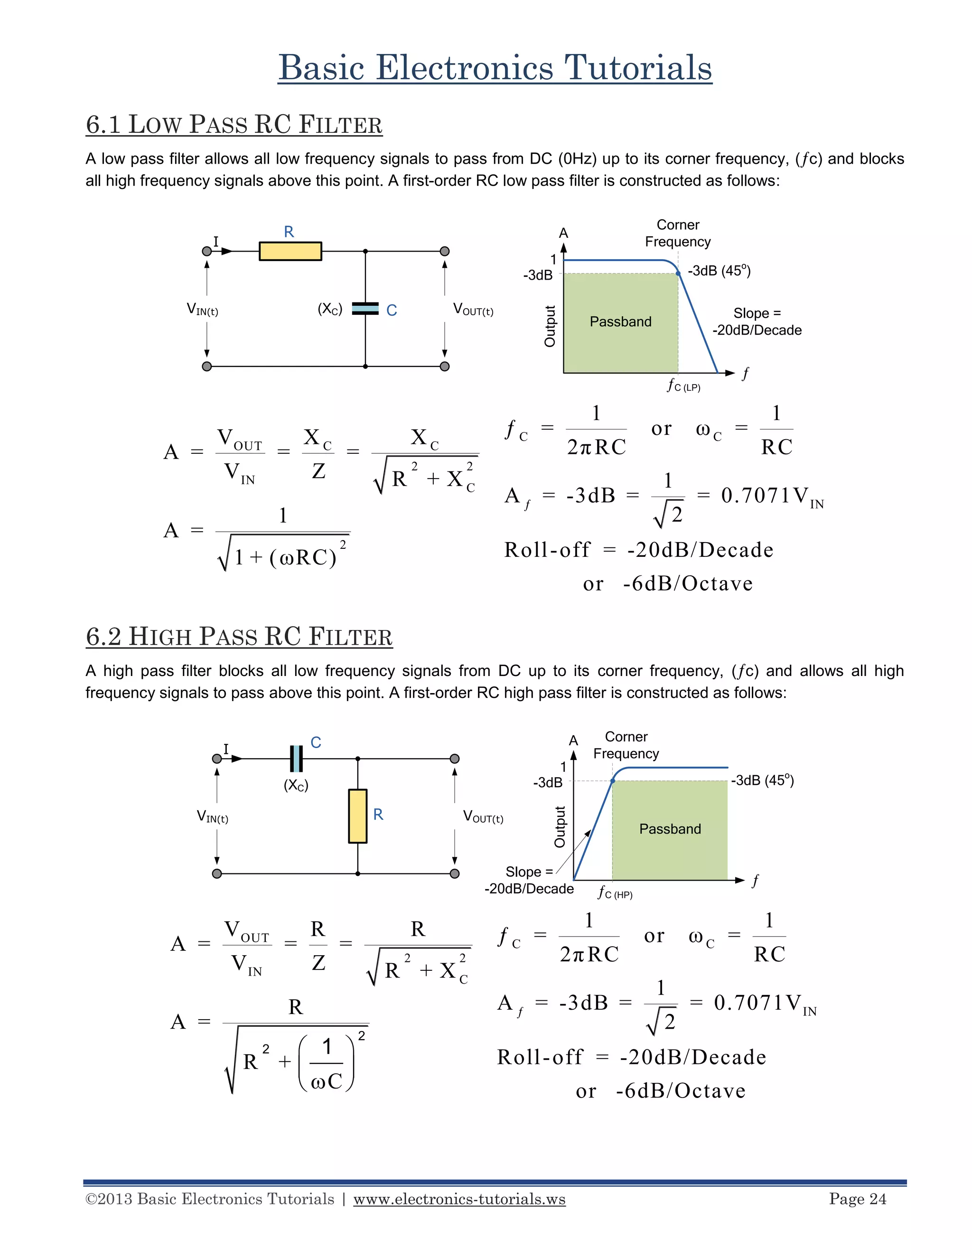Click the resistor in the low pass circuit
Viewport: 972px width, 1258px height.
click(290, 251)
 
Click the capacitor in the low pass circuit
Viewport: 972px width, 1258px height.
click(365, 309)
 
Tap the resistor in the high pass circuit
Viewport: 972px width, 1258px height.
click(357, 816)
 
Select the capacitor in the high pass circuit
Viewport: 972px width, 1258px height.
click(296, 759)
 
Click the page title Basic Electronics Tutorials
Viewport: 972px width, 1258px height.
click(495, 67)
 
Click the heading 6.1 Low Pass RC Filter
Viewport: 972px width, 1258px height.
click(234, 124)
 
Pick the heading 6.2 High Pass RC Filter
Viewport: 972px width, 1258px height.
click(239, 637)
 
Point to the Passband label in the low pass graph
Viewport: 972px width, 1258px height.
click(620, 321)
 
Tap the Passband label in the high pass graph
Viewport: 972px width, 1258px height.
click(670, 829)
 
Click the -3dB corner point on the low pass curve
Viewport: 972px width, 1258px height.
click(678, 273)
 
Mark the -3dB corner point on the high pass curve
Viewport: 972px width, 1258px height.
click(613, 781)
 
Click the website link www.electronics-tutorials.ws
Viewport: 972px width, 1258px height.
click(459, 1199)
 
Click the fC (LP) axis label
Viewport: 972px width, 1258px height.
click(683, 385)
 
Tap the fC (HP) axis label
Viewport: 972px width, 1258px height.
click(615, 893)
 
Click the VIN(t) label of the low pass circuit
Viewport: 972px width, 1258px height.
click(202, 310)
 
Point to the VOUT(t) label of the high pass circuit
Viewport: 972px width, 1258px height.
click(483, 817)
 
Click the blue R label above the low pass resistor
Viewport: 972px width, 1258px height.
click(289, 232)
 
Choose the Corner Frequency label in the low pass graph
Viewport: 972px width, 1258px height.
click(678, 233)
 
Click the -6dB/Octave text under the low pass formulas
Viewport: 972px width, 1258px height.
click(688, 583)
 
